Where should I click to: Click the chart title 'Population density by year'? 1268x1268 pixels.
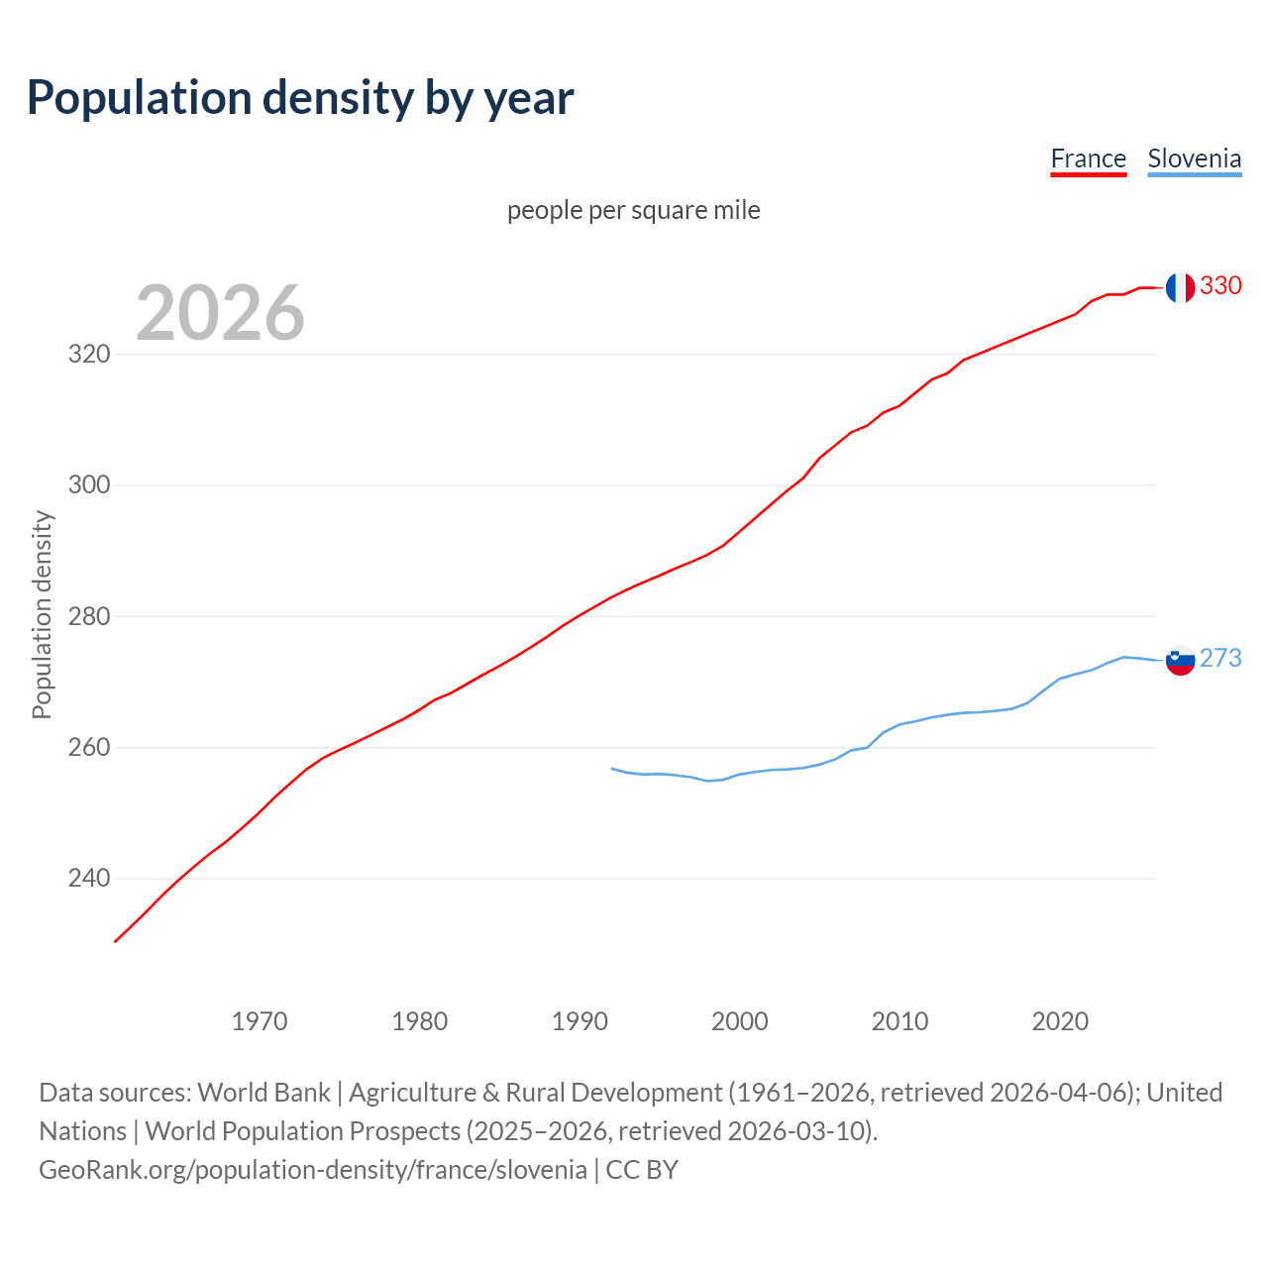click(300, 98)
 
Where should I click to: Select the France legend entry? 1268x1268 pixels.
click(1088, 159)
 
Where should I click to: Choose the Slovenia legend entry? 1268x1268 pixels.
click(1194, 159)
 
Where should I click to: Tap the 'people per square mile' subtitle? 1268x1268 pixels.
click(633, 210)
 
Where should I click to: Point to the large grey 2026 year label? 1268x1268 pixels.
click(220, 313)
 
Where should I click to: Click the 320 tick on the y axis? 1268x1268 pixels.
click(88, 354)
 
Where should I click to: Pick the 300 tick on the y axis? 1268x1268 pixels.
click(88, 485)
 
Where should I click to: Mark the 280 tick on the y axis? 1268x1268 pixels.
click(88, 616)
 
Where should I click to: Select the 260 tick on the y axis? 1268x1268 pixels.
click(88, 747)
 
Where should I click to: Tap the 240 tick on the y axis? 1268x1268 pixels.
click(88, 879)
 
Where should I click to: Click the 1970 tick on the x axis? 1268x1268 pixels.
click(260, 1021)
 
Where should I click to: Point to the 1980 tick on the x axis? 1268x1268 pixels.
click(419, 1021)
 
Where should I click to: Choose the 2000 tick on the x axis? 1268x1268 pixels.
click(739, 1021)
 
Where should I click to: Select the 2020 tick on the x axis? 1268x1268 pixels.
click(1060, 1021)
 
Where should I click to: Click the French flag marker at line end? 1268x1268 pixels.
click(1179, 287)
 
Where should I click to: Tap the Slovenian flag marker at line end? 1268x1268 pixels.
click(1179, 660)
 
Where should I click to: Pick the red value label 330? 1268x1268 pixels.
click(1220, 286)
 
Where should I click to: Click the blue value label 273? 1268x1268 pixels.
click(1220, 659)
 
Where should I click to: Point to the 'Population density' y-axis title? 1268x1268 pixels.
click(42, 614)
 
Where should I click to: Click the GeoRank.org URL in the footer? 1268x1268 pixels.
click(313, 1170)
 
